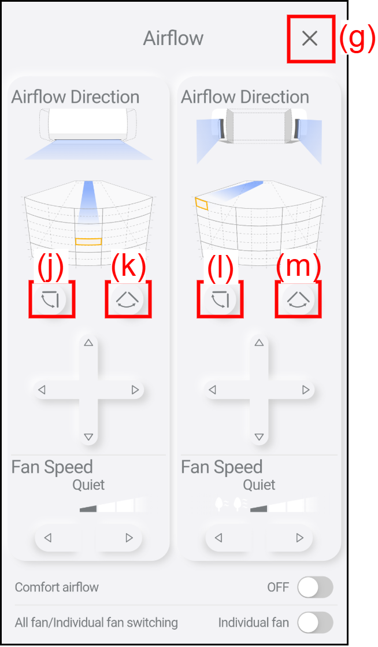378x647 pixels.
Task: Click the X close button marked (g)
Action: pyautogui.click(x=309, y=38)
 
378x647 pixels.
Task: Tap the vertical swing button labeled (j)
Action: pyautogui.click(x=51, y=298)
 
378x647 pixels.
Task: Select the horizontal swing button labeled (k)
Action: pyautogui.click(x=128, y=298)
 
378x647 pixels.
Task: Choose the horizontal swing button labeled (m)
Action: pyautogui.click(x=298, y=298)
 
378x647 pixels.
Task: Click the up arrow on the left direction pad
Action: pyautogui.click(x=88, y=342)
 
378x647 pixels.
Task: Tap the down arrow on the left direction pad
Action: pyautogui.click(x=88, y=437)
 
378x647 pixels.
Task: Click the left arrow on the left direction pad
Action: pyautogui.click(x=42, y=390)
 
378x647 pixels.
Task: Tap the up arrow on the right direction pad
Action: pyautogui.click(x=259, y=342)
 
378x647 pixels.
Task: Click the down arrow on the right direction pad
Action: pyautogui.click(x=259, y=437)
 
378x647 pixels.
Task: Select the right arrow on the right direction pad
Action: pyautogui.click(x=306, y=390)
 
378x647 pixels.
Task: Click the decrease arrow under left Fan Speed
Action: pyautogui.click(x=48, y=538)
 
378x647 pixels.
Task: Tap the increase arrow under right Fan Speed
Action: pyautogui.click(x=299, y=538)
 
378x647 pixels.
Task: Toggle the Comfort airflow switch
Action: pyautogui.click(x=315, y=587)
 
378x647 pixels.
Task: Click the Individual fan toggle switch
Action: pyautogui.click(x=315, y=623)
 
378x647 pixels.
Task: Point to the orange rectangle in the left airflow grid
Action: pyautogui.click(x=88, y=242)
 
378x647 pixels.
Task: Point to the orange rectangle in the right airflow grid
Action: pyautogui.click(x=202, y=204)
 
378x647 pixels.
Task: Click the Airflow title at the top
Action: pyautogui.click(x=173, y=38)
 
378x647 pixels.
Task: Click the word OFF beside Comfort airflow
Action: pyautogui.click(x=278, y=587)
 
